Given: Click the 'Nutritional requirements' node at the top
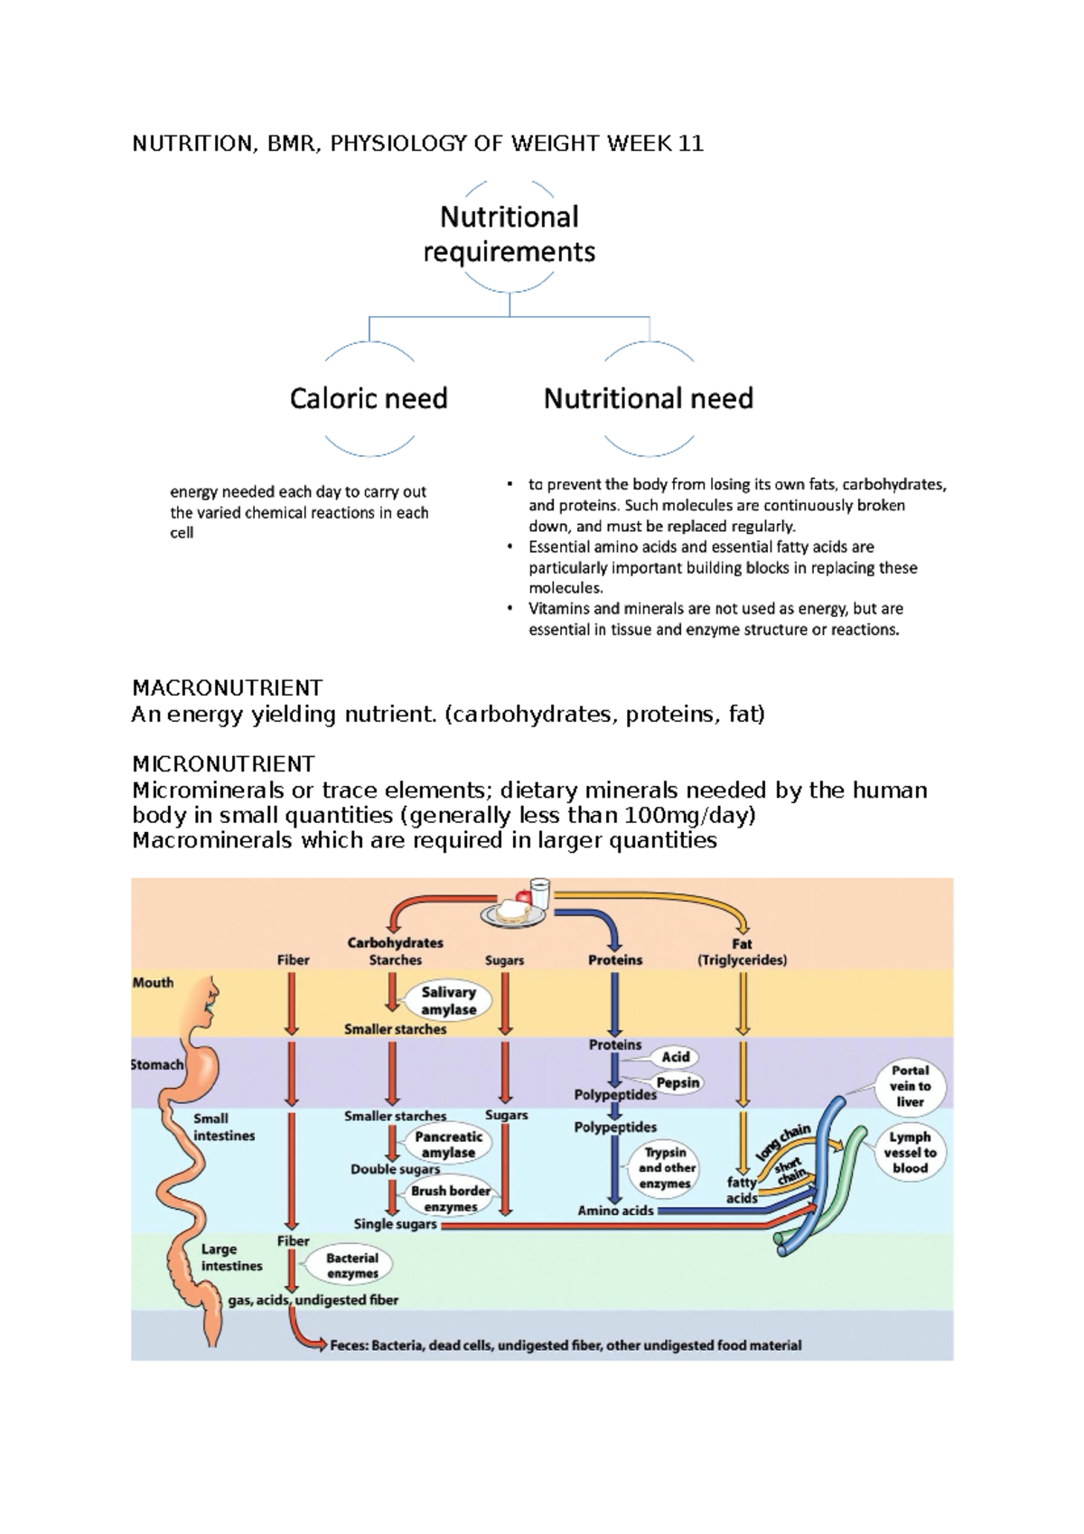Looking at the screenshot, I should click(x=509, y=234).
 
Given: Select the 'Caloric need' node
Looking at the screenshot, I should click(x=369, y=398).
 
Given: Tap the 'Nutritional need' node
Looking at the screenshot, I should click(x=648, y=398).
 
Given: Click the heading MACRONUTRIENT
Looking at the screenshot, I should click(x=227, y=688).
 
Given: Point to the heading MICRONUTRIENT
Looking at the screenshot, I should click(x=223, y=764).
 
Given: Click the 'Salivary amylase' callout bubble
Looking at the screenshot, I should click(x=448, y=1000).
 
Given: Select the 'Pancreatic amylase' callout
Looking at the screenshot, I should click(x=448, y=1145).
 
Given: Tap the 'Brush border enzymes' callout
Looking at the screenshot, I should click(x=450, y=1199).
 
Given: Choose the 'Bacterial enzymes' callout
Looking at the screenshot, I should click(x=352, y=1266).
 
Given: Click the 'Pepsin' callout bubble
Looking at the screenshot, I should click(x=677, y=1082).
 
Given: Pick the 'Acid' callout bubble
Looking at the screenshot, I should click(x=675, y=1057).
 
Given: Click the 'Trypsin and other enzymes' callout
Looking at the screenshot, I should click(x=664, y=1168).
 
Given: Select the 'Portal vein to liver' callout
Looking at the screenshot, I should click(x=910, y=1086).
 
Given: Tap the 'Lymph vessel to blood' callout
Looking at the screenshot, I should click(x=910, y=1153).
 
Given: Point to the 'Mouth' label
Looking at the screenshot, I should click(x=153, y=983).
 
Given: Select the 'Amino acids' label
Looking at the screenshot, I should click(x=615, y=1211).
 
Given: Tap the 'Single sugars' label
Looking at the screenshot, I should click(x=395, y=1224).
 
